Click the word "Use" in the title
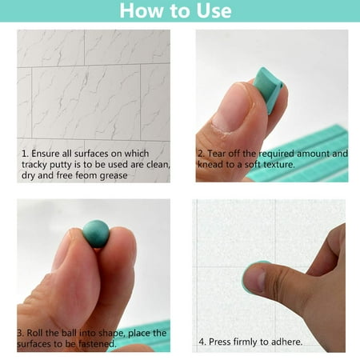(214, 10)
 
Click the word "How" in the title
(142, 10)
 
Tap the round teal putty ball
(96, 234)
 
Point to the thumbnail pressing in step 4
(255, 279)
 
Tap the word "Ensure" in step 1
(45, 154)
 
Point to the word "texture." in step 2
(279, 165)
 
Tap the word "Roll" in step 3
(35, 333)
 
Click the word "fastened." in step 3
(98, 344)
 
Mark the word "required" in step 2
(277, 154)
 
